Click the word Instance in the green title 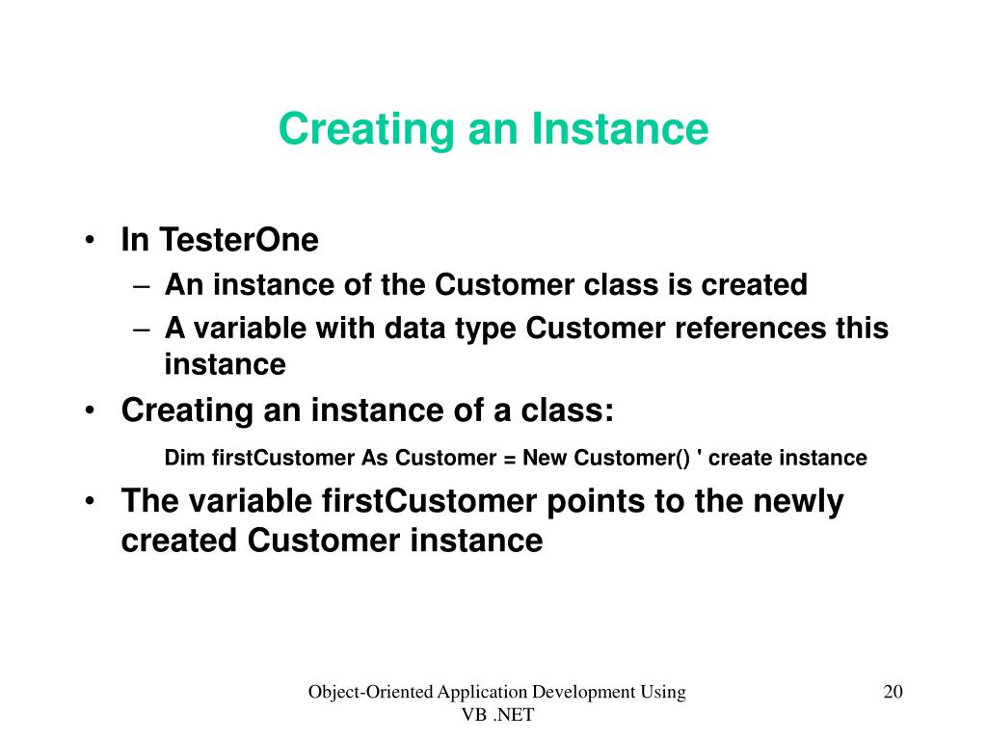pyautogui.click(x=620, y=129)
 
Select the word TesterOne pyautogui.click(x=239, y=240)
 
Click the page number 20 pyautogui.click(x=894, y=692)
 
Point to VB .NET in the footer pyautogui.click(x=498, y=715)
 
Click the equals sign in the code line pyautogui.click(x=510, y=459)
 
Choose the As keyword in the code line pyautogui.click(x=375, y=458)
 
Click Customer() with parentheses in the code pyautogui.click(x=632, y=458)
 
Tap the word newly pyautogui.click(x=798, y=502)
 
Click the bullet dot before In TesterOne pyautogui.click(x=90, y=240)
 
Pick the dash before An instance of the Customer pyautogui.click(x=142, y=286)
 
